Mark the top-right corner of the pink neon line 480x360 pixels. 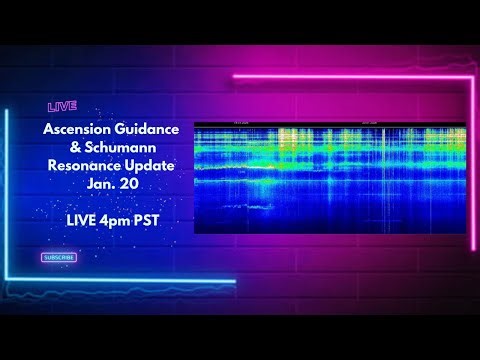pos(472,75)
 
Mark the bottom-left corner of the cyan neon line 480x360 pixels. pos(7,281)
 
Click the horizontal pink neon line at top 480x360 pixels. pos(350,75)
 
